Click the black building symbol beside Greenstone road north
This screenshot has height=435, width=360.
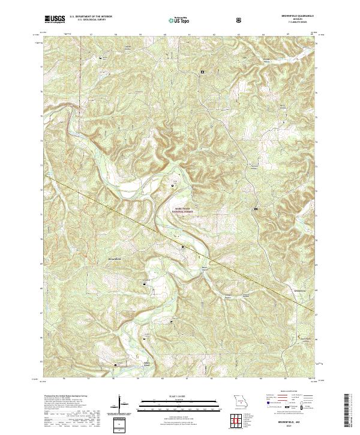[257, 208]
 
